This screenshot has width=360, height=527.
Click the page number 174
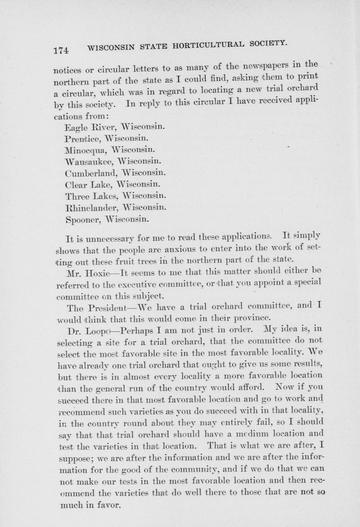point(61,50)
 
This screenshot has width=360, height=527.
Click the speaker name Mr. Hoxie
point(88,273)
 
